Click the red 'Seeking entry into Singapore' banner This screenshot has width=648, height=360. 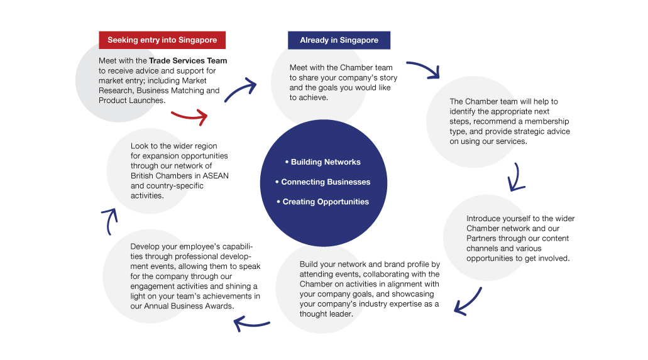(x=162, y=40)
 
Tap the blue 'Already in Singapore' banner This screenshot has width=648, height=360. (x=339, y=40)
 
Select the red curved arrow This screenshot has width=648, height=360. (x=189, y=117)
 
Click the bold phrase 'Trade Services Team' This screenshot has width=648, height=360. (x=188, y=61)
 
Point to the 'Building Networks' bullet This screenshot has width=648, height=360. (x=323, y=162)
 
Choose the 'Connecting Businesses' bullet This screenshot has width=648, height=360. (x=323, y=182)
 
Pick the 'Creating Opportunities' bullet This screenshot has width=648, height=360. (x=323, y=202)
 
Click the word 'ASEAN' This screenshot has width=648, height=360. (x=216, y=176)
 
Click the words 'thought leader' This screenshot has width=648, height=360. (x=326, y=314)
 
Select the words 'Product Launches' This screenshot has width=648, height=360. (x=131, y=101)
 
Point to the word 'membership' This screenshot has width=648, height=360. (x=547, y=121)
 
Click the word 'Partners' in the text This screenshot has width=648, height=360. (x=481, y=239)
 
